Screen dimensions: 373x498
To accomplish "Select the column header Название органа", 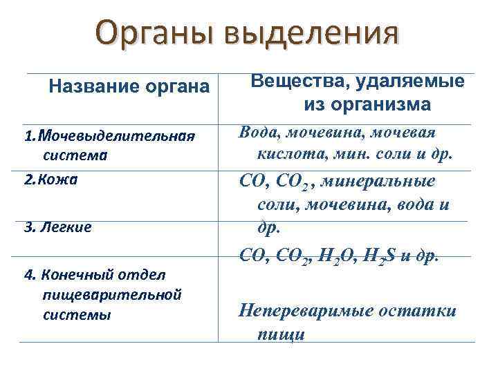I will (x=129, y=87).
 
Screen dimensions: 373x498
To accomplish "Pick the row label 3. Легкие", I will (x=57, y=227).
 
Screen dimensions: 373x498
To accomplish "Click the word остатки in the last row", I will (x=422, y=310).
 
